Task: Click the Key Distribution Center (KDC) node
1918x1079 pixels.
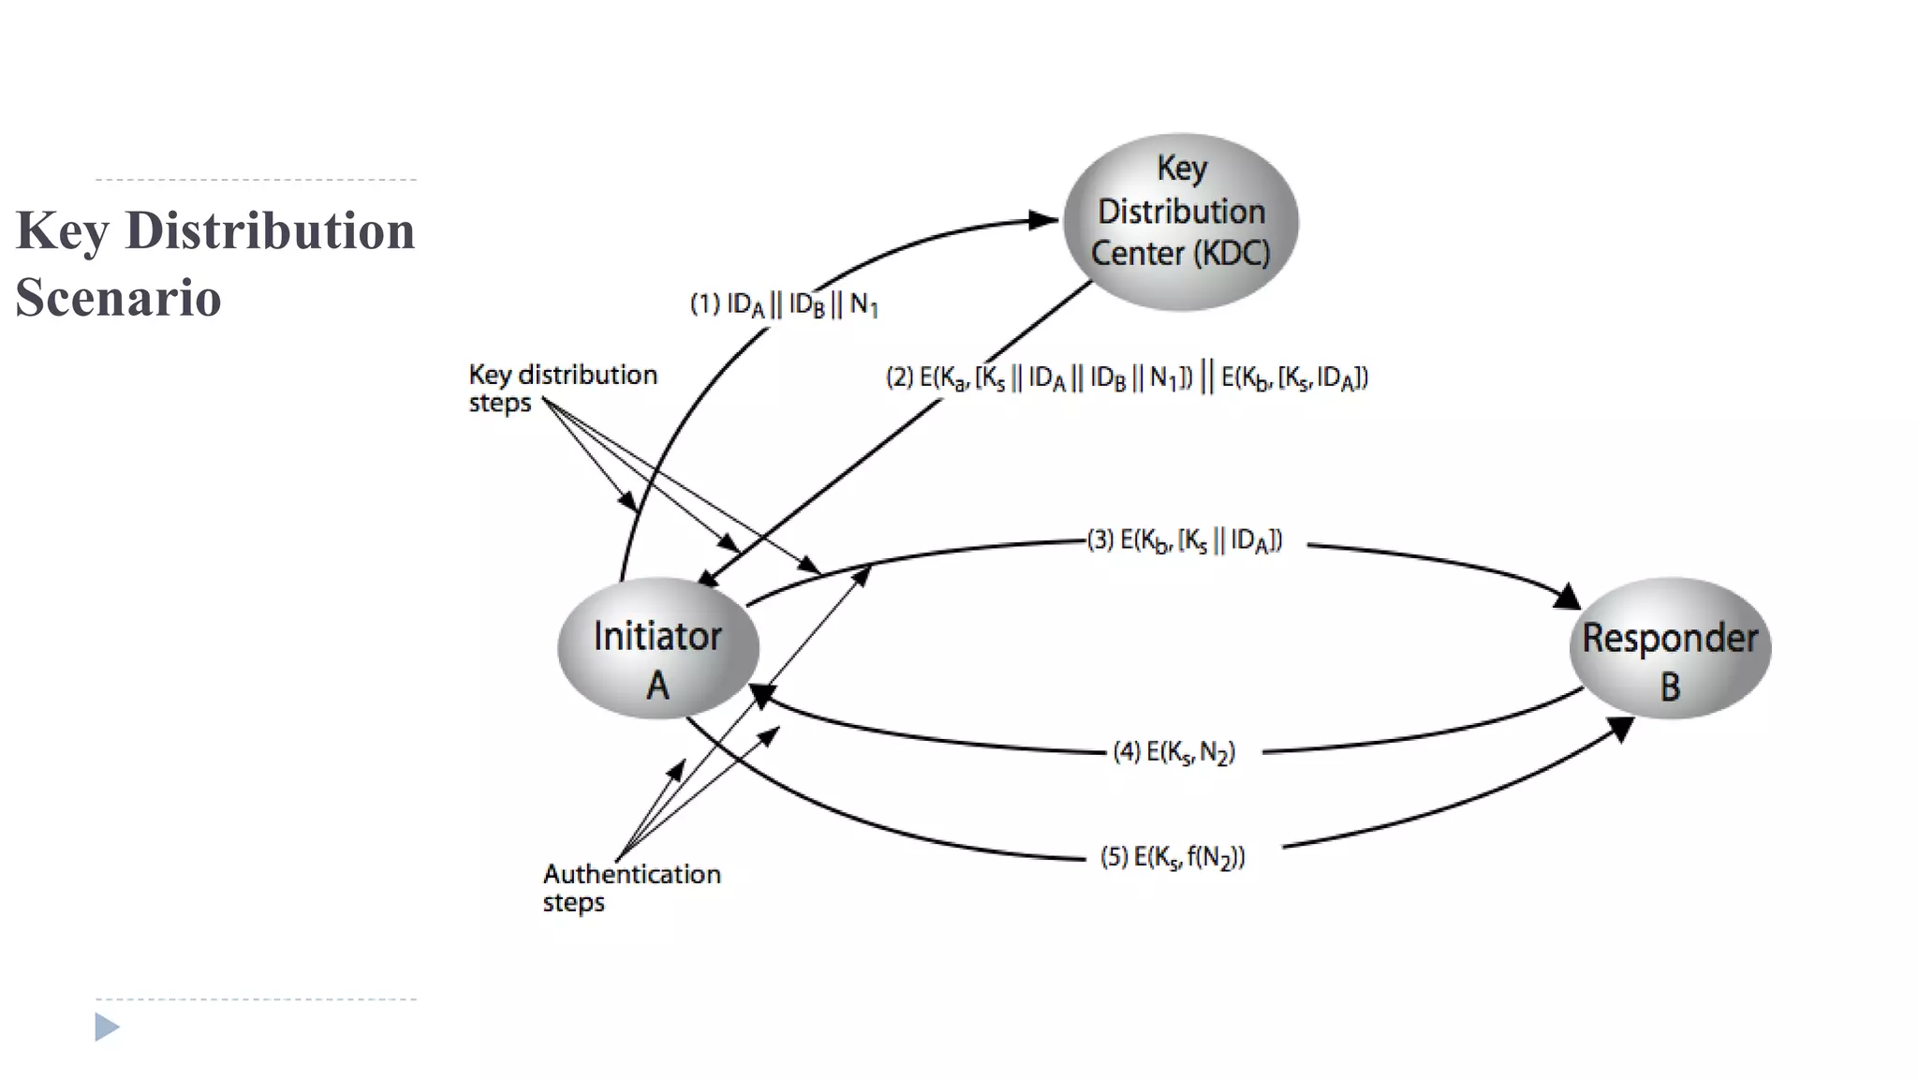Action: [1180, 221]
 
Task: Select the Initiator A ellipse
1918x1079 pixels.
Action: [657, 648]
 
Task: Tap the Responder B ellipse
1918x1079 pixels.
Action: [1670, 648]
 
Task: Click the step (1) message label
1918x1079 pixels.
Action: [784, 304]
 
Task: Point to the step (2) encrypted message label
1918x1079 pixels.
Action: [1127, 377]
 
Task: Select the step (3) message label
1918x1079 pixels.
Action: [1185, 540]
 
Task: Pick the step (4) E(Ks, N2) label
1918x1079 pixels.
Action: [1173, 752]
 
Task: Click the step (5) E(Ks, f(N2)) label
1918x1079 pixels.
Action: [1173, 857]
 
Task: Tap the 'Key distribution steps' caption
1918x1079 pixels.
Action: [562, 388]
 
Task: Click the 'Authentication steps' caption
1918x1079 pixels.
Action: [631, 887]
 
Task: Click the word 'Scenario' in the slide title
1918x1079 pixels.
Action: [118, 298]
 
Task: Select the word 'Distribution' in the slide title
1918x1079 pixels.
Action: [270, 230]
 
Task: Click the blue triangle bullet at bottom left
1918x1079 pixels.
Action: [107, 1027]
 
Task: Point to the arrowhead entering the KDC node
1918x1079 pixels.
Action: [1043, 221]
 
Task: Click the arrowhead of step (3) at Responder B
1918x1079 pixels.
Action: [1568, 597]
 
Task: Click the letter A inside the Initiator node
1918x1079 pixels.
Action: [657, 687]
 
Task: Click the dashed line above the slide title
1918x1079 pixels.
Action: [256, 179]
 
